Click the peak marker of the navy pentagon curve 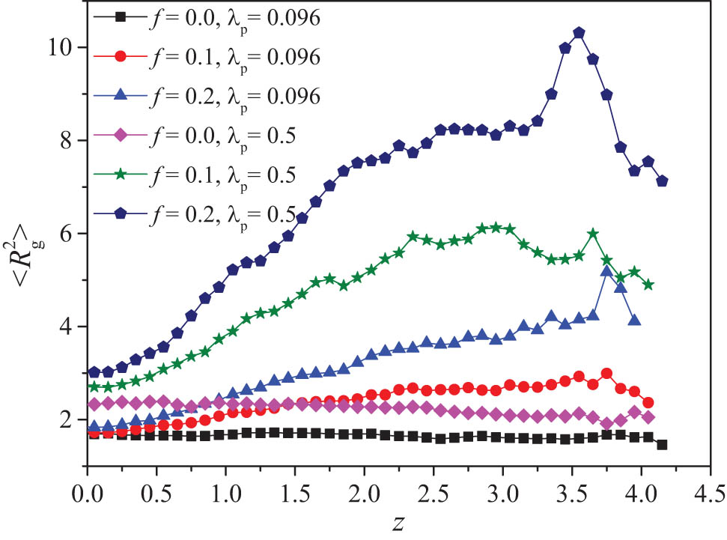579,33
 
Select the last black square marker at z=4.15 662,445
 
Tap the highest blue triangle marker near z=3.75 606,271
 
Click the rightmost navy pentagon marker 662,181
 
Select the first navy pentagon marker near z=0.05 94,372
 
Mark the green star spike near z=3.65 593,234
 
